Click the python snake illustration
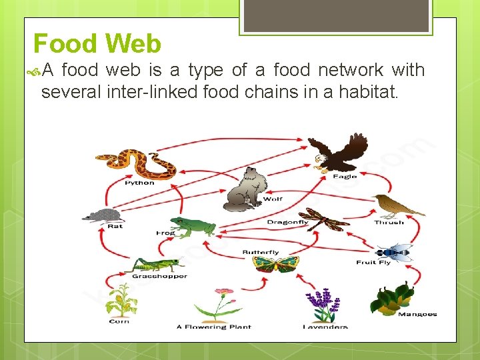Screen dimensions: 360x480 pos(136,163)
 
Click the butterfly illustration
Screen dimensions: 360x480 pos(275,263)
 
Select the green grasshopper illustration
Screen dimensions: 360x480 pos(158,264)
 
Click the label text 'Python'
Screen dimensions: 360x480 pos(139,183)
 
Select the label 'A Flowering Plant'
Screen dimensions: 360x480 pos(214,327)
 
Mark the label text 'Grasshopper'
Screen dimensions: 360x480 pos(159,276)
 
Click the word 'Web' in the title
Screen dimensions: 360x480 pos(133,44)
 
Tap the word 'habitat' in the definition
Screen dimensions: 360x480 pos(370,91)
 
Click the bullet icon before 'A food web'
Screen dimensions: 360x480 pos(37,70)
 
